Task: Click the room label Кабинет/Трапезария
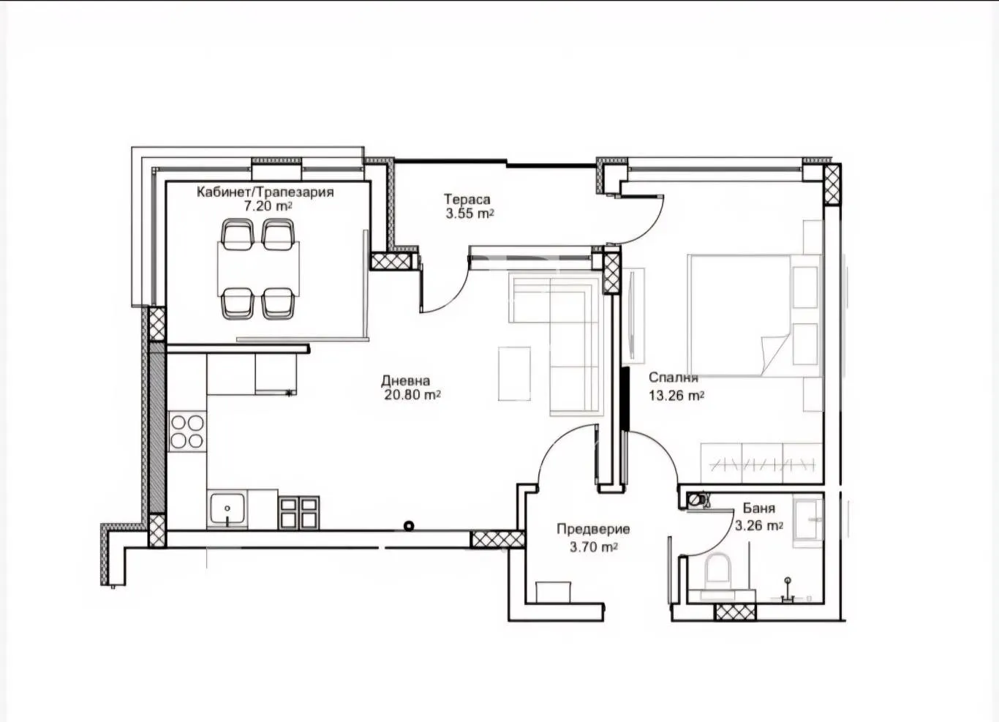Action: click(x=265, y=192)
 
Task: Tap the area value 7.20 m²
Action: click(x=268, y=206)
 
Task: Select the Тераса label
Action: click(x=467, y=199)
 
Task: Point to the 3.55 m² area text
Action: click(x=469, y=214)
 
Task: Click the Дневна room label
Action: click(x=405, y=380)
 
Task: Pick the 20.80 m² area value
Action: click(x=412, y=395)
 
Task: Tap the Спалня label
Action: click(x=673, y=377)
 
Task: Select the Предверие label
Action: click(x=593, y=529)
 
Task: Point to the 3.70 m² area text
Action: click(x=594, y=546)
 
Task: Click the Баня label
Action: click(x=758, y=508)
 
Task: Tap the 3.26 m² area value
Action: click(x=758, y=525)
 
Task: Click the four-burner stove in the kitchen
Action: click(x=187, y=431)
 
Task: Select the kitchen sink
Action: click(x=227, y=509)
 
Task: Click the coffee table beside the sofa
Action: click(x=514, y=373)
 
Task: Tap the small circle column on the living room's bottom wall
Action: click(x=409, y=525)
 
